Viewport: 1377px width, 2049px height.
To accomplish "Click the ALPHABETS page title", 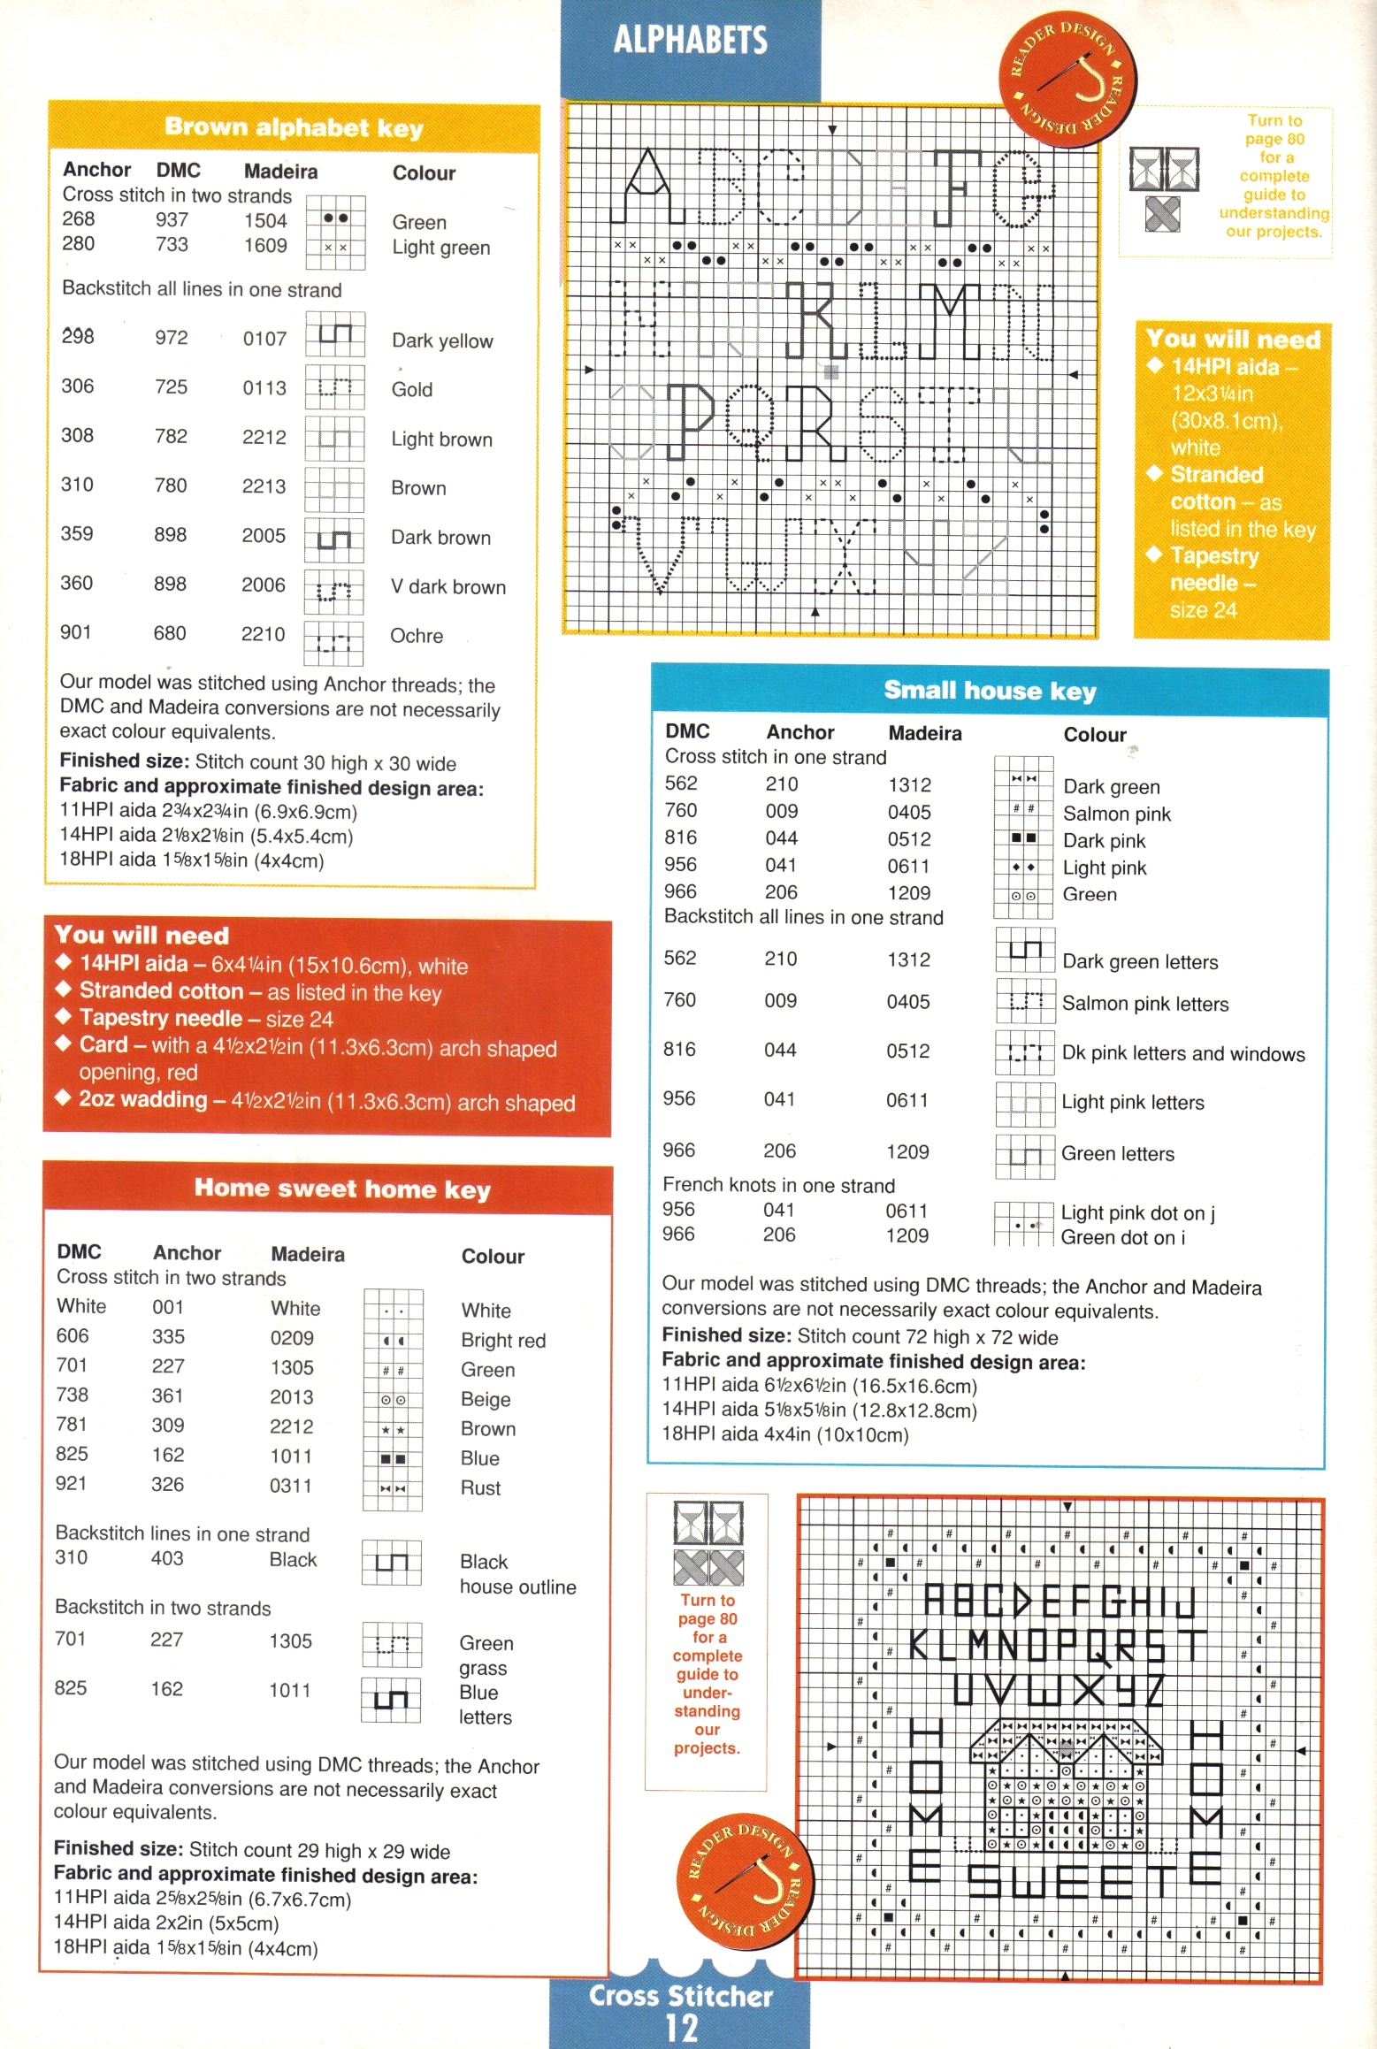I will (690, 40).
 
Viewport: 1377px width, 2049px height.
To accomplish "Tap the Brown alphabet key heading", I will (294, 128).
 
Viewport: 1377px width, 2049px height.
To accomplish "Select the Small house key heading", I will (990, 691).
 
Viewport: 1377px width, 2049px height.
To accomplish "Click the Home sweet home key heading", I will (342, 1189).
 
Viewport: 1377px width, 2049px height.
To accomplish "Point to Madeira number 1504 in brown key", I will (265, 221).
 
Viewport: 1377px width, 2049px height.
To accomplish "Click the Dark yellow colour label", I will (442, 340).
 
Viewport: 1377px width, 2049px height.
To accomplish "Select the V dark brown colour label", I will (448, 587).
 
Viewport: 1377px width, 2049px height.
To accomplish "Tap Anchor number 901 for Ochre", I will (75, 632).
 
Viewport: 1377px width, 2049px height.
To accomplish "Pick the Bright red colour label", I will (503, 1341).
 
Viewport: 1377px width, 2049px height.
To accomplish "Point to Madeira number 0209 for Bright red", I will (292, 1338).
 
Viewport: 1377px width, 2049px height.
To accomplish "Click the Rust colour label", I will (480, 1488).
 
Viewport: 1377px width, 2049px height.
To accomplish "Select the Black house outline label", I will (516, 1574).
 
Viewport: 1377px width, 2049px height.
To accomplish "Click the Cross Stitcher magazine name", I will (681, 1996).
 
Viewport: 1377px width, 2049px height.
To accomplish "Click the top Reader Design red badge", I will (1067, 80).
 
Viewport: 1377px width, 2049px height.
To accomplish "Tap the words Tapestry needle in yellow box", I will (1213, 570).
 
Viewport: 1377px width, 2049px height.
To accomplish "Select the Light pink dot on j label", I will (1137, 1213).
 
